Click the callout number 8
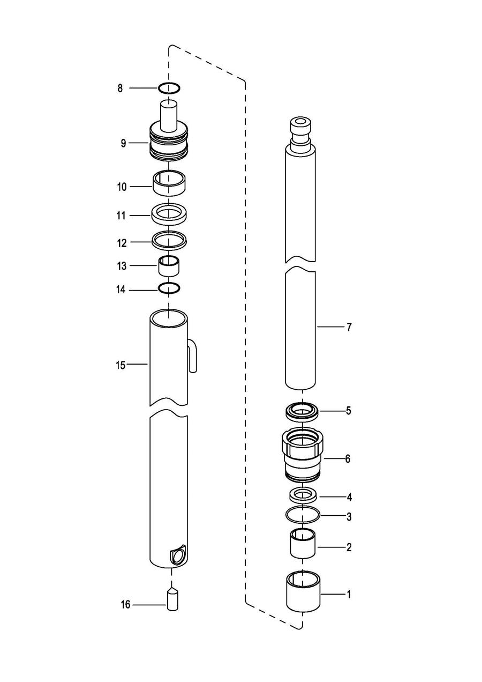tap(120, 88)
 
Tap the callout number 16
tap(125, 604)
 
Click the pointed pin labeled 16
tap(172, 599)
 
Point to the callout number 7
tap(349, 327)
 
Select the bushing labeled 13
tap(169, 266)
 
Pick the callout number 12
tap(122, 243)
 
